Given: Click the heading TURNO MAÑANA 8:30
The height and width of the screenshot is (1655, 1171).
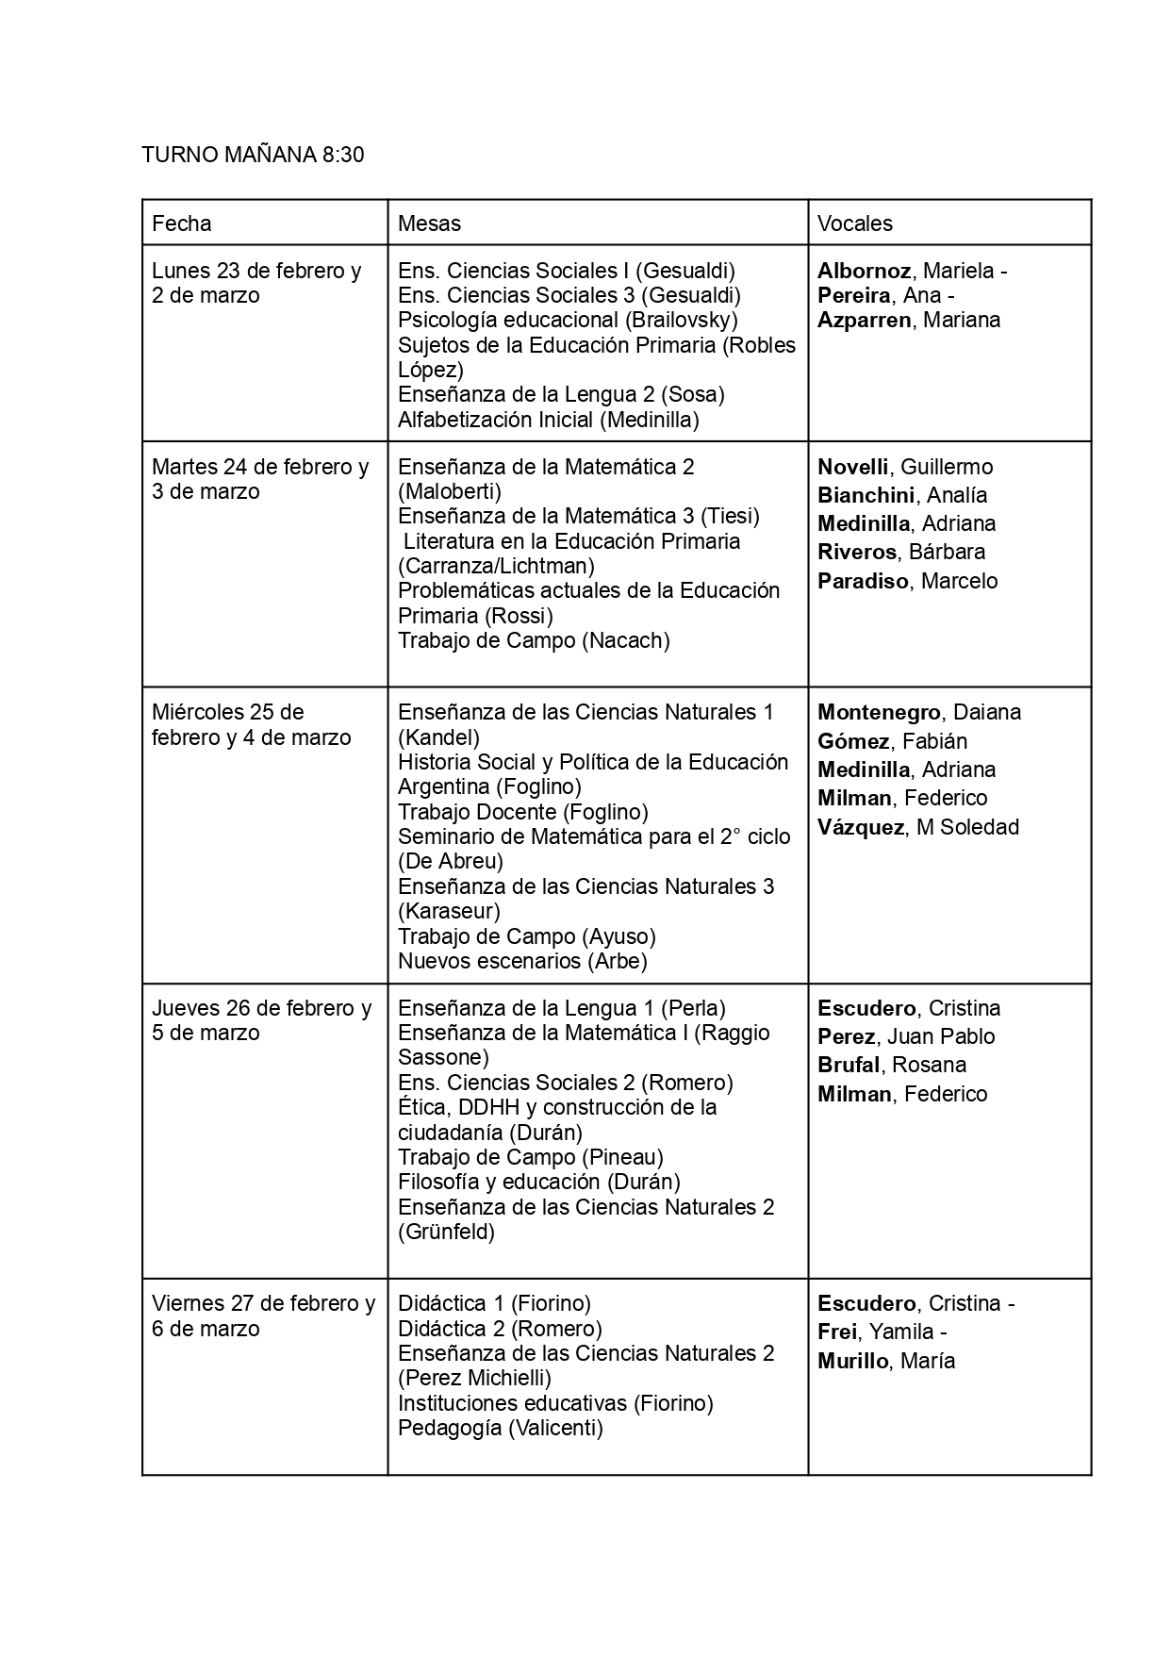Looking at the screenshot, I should (253, 155).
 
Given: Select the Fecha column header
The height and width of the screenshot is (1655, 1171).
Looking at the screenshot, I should (182, 223).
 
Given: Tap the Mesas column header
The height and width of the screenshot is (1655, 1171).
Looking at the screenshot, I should (429, 223).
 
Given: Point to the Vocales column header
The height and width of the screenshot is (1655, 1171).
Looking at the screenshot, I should (854, 223).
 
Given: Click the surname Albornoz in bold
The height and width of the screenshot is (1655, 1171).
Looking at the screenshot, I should (864, 272).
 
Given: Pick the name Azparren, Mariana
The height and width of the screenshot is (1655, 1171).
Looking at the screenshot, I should (908, 321).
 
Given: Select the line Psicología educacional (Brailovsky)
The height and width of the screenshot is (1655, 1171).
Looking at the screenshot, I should (568, 321).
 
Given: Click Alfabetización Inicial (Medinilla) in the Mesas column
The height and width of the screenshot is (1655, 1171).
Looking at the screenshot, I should (548, 420).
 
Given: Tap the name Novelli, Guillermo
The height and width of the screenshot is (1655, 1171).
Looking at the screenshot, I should (904, 467).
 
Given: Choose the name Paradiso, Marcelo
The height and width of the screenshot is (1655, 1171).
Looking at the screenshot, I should (907, 581).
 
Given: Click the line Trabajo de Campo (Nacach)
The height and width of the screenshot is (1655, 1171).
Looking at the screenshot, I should (534, 641).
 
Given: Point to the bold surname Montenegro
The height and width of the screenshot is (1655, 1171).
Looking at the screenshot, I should (879, 713).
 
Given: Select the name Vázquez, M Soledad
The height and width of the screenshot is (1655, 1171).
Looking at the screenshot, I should (917, 827).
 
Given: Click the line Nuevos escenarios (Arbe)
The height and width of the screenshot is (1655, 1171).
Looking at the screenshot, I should (522, 962).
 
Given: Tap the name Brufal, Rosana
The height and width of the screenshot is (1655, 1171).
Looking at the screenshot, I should (891, 1066).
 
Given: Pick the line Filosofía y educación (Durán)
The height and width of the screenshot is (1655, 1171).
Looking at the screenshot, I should (538, 1183).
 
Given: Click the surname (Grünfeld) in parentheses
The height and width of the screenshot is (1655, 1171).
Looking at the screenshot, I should (446, 1233).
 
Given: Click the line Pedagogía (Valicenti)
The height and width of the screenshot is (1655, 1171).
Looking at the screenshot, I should (500, 1429).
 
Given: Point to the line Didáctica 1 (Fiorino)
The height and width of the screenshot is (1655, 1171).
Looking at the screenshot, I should (494, 1304).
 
